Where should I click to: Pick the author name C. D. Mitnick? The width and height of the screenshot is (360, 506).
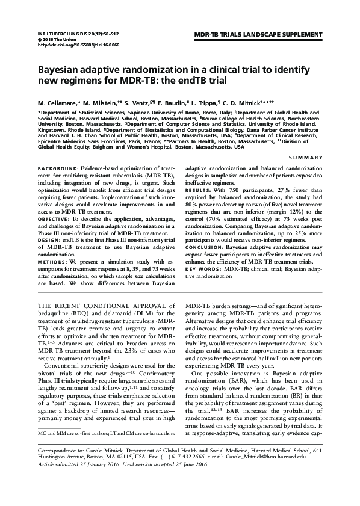point(241,97)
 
